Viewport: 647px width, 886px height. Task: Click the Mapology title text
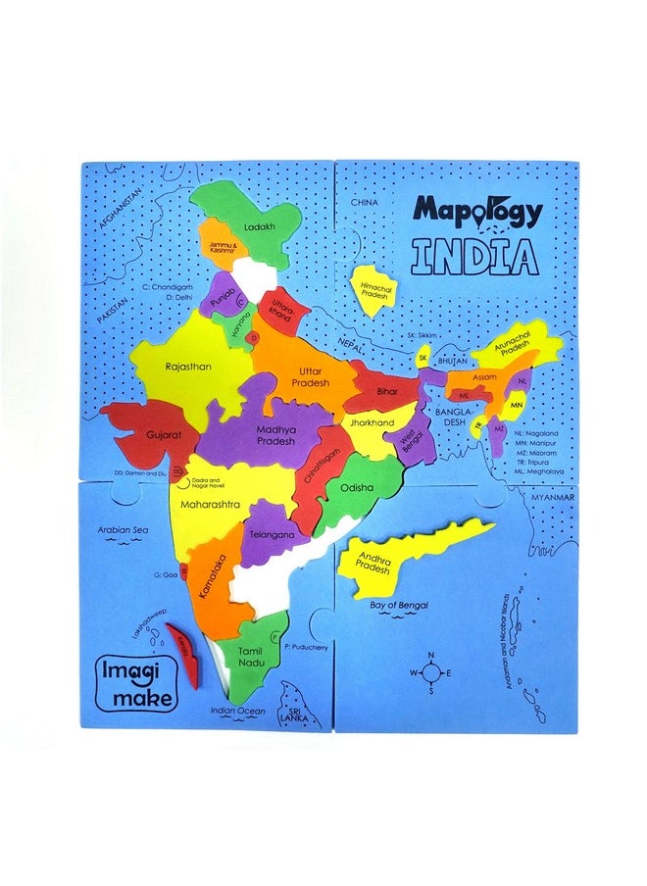click(476, 211)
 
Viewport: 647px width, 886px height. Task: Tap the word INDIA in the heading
click(475, 256)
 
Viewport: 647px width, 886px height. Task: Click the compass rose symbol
click(429, 671)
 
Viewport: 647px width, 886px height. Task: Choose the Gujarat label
click(138, 431)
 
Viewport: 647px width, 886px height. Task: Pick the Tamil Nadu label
click(250, 657)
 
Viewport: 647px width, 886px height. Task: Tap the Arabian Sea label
click(122, 529)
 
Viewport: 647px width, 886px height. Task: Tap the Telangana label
click(272, 535)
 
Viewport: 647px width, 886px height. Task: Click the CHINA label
click(364, 202)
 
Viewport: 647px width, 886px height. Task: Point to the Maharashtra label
click(210, 504)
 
